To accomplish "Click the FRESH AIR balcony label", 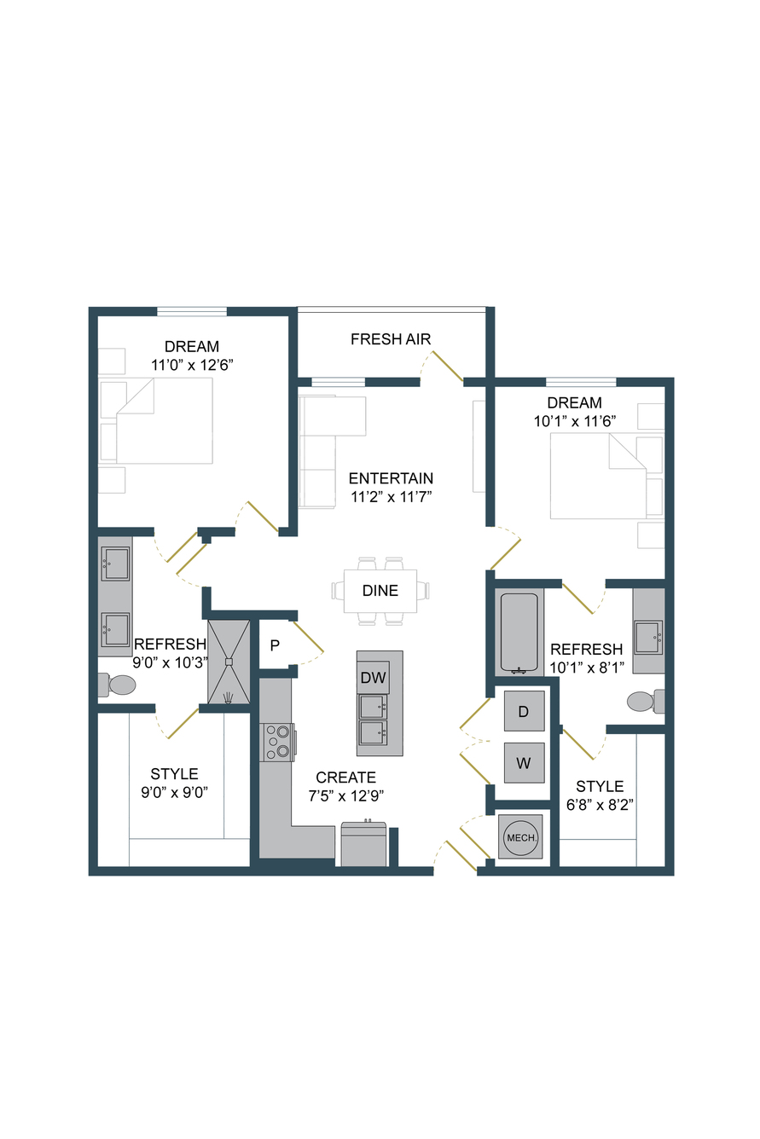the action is click(390, 338).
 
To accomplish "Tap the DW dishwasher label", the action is click(374, 677).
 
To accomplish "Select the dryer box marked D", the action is click(524, 711).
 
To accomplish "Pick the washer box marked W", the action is click(524, 763).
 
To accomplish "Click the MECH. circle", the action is click(521, 837).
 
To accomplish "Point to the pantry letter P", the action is click(275, 645).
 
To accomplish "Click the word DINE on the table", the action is click(380, 590).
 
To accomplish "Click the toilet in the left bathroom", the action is click(117, 685).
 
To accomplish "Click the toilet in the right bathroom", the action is click(646, 701).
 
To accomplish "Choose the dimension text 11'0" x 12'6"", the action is click(192, 365).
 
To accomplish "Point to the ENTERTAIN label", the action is click(391, 478).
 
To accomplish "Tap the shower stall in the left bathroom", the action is click(229, 662).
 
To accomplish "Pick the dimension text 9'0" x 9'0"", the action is click(175, 792).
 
